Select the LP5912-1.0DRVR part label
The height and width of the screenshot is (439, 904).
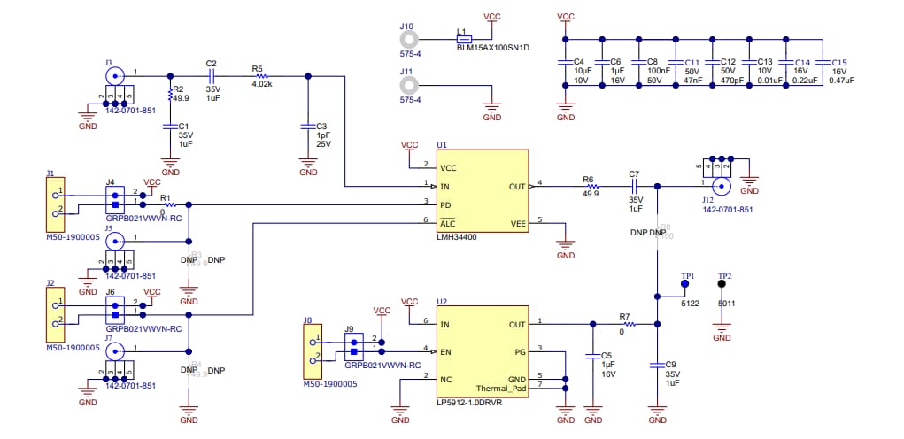coord(469,402)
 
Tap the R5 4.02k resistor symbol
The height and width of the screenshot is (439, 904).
coord(261,75)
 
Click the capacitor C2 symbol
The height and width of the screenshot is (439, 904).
coord(211,75)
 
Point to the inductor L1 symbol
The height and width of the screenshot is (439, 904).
coord(463,39)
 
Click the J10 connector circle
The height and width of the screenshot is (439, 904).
coord(408,39)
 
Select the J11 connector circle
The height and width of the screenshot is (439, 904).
coord(408,85)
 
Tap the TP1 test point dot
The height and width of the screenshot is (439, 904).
coord(684,286)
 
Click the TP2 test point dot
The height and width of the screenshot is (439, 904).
coord(722,286)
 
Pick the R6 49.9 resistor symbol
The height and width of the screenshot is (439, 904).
coord(590,187)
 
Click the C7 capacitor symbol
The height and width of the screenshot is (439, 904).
coord(633,187)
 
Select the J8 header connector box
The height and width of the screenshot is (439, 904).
coord(311,350)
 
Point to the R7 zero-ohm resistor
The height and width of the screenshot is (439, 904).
coord(625,324)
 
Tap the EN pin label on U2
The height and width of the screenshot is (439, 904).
coord(447,351)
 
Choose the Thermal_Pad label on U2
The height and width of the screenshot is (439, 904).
coord(499,388)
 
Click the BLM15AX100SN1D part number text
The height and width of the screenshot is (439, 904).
coord(492,48)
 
